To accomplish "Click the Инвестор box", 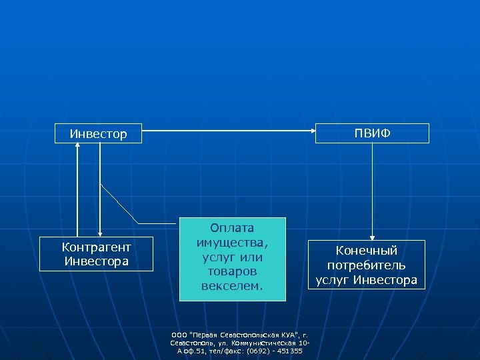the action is [99, 133].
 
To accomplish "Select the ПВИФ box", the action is [373, 133].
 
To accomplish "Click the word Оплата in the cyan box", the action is [232, 228].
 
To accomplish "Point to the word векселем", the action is [232, 287].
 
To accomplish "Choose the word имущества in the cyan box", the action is [232, 243].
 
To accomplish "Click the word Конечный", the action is [367, 251].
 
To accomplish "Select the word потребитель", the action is [367, 265].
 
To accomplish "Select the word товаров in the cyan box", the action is [232, 272].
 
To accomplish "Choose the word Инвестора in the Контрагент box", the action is [97, 261].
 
